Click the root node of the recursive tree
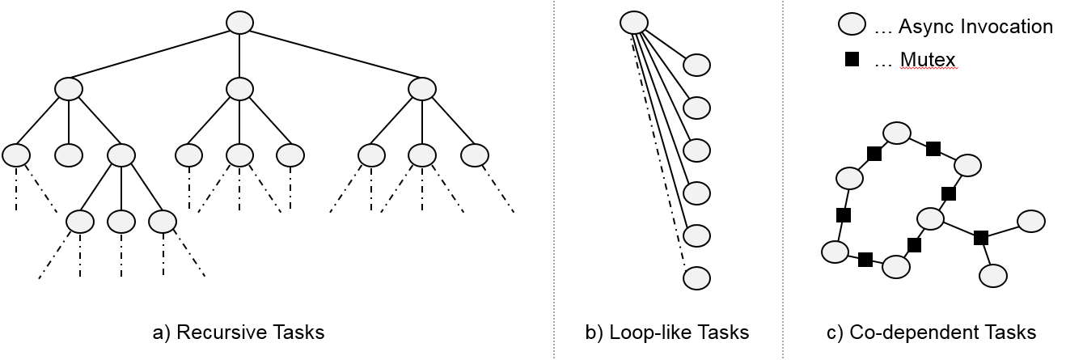[x=239, y=23]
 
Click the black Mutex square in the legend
[x=851, y=59]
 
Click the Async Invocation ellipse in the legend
[x=851, y=26]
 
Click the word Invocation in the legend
[x=1010, y=27]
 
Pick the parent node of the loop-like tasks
[x=634, y=23]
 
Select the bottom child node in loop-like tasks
[x=696, y=278]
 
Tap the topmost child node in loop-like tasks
[x=696, y=65]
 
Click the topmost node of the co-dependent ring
[x=897, y=133]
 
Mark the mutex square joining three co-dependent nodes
[x=980, y=237]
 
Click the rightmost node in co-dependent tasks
[x=1030, y=220]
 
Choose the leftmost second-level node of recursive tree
[x=69, y=89]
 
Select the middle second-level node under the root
[x=239, y=89]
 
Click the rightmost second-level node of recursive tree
[x=422, y=89]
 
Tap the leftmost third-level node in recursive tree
[x=16, y=155]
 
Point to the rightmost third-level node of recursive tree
[x=475, y=155]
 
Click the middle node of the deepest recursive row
[x=121, y=220]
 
